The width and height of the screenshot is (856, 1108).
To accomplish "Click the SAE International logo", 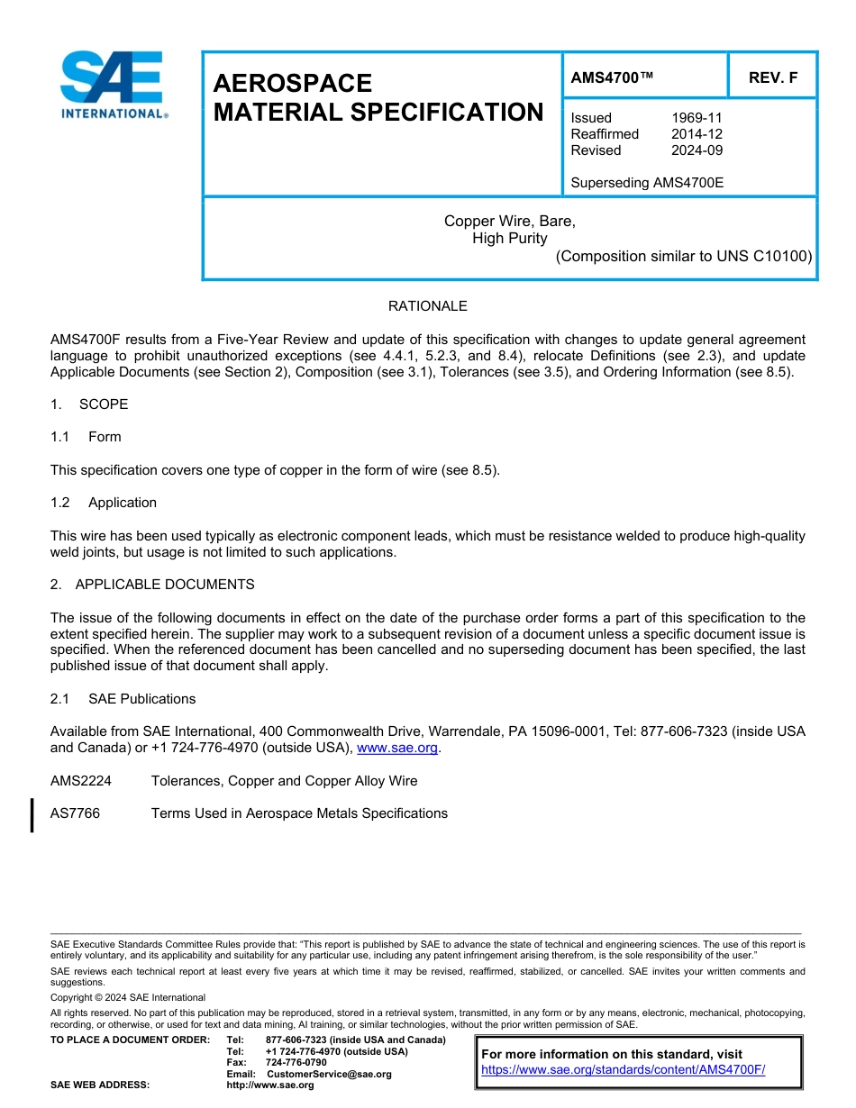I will pos(113,85).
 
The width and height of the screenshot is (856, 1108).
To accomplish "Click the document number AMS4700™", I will pos(612,78).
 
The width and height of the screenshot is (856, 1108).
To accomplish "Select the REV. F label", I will pos(772,78).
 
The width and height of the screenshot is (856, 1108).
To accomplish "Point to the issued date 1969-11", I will pos(697,118).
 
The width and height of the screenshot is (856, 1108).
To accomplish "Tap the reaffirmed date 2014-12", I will pos(697,134).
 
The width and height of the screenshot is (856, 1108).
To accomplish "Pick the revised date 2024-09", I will pos(697,150).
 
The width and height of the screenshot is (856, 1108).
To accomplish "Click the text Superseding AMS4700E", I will pos(647,183).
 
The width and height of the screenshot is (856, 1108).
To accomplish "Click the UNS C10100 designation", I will pos(764,256).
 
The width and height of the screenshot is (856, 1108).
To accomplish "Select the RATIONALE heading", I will pos(427,306).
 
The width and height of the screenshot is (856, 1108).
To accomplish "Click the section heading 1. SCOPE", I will pos(89,404).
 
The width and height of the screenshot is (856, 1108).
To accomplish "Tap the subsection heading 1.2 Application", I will pos(104,503).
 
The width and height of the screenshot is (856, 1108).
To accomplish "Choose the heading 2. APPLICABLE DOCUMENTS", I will pos(152,585).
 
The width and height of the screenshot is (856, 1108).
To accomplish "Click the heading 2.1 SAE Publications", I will pos(123,699).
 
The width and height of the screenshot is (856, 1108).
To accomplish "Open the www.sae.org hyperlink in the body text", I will pos(397,749).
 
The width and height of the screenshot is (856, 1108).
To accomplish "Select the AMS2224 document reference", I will pos(81,781).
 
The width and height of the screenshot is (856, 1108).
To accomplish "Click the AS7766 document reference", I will pos(76,813).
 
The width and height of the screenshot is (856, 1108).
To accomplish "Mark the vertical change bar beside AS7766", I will pos(32,814).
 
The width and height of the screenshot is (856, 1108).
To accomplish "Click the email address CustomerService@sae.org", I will pos(329,1074).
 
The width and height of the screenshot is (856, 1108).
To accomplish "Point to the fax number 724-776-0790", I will pos(296,1063).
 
